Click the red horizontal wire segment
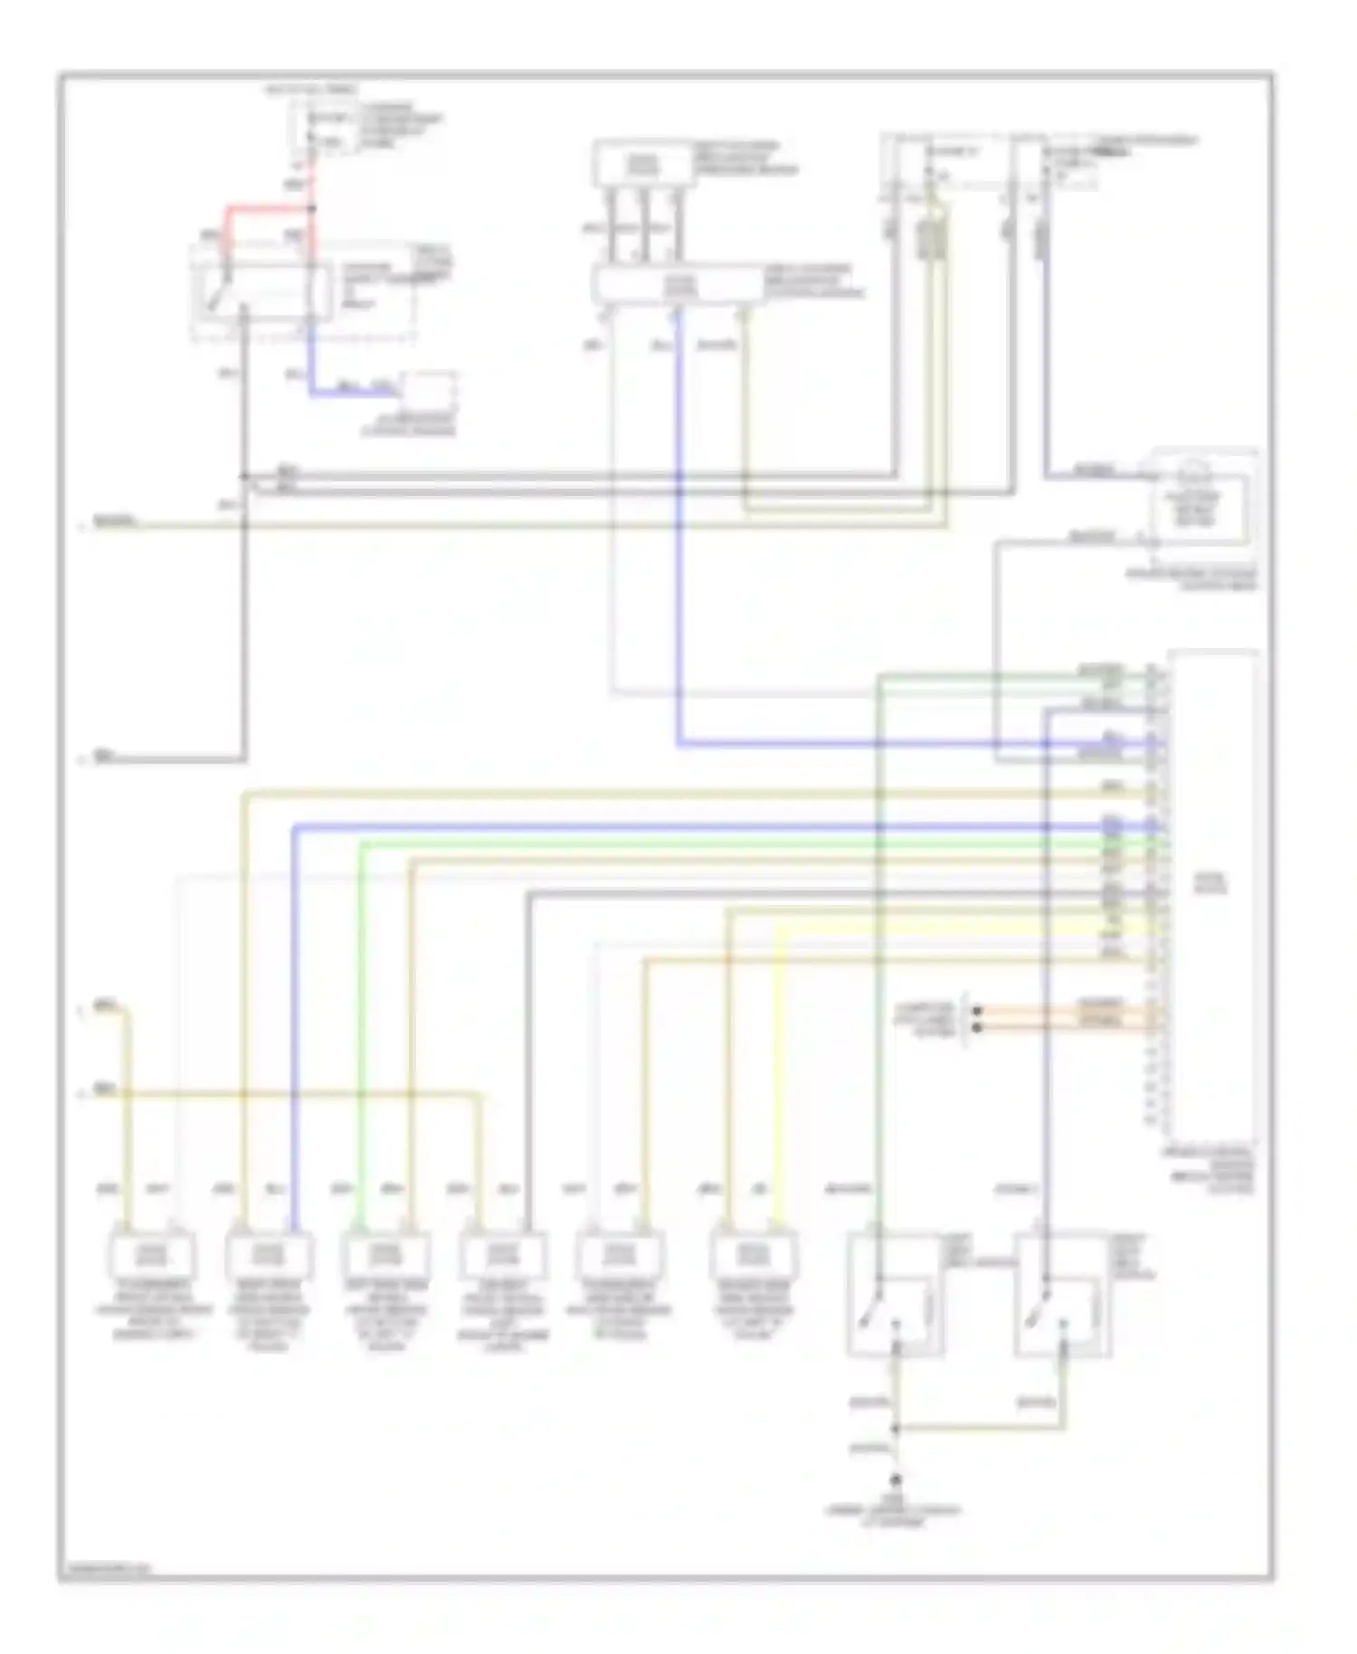pos(267,208)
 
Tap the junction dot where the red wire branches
pos(312,209)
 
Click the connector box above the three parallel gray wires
pos(644,164)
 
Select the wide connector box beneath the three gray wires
pos(678,286)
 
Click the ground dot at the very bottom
pos(897,1481)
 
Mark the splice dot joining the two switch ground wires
pos(897,1429)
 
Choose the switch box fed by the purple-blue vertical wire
pos(1063,1294)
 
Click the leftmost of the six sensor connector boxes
pos(151,1254)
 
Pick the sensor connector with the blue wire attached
pos(269,1254)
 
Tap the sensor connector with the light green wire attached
pos(385,1254)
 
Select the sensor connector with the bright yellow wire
pos(754,1254)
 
